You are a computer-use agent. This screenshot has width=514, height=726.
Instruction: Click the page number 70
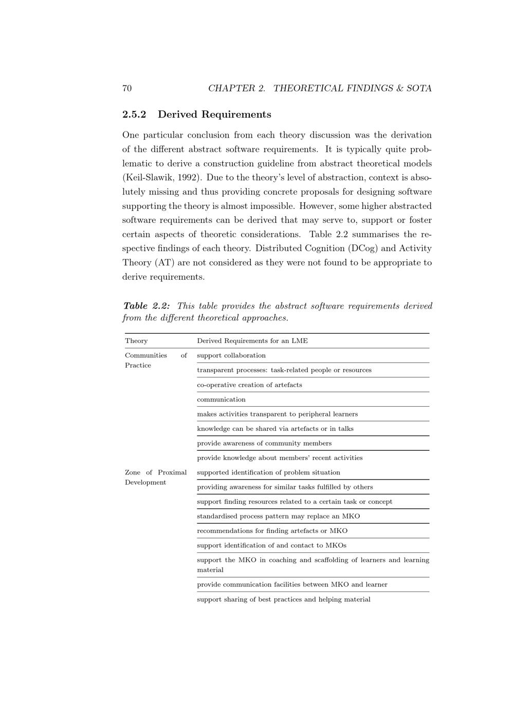tap(127, 88)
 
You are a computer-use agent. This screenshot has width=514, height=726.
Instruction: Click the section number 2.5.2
tap(134, 114)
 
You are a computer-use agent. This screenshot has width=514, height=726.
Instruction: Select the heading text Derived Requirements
tap(214, 114)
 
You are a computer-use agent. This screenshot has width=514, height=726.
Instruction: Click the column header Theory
tap(136, 341)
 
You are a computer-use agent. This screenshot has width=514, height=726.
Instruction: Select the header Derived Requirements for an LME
tap(252, 341)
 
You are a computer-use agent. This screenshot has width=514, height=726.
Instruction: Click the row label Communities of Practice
tap(156, 360)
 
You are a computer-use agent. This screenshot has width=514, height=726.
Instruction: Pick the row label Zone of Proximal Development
tap(156, 477)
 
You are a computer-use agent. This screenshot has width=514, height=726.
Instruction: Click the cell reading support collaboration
tap(231, 356)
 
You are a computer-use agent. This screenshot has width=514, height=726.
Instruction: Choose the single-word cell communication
tap(221, 399)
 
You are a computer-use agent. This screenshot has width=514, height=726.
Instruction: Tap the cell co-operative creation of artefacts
tap(249, 385)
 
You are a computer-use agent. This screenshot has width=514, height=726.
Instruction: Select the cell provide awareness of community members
tap(264, 444)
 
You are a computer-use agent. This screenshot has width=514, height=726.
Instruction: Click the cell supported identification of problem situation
tap(268, 473)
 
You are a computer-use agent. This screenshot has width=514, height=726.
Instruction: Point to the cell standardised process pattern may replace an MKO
tap(278, 517)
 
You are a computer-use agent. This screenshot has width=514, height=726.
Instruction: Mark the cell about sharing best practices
tap(283, 600)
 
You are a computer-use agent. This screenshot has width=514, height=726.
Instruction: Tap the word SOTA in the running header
tap(419, 88)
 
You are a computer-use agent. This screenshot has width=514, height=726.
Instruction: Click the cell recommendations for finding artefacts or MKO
tap(272, 531)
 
